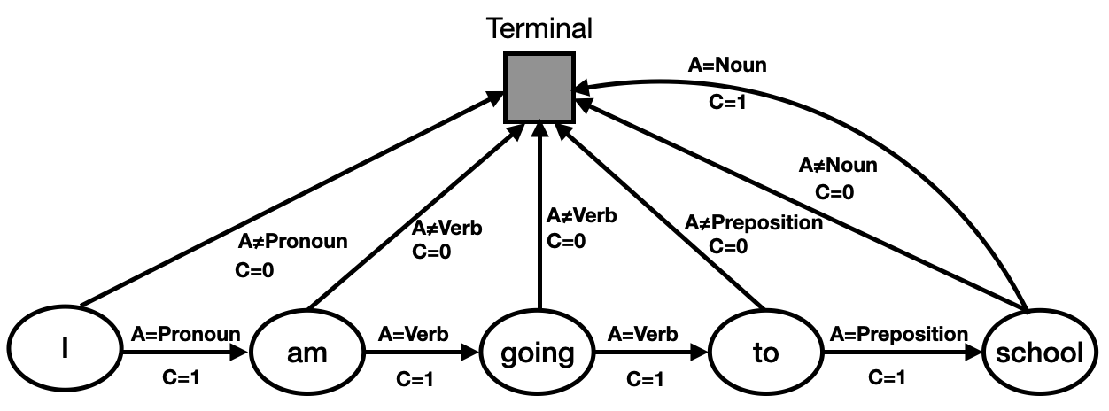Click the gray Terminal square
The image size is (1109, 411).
click(x=538, y=86)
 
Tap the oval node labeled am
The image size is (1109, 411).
click(x=307, y=353)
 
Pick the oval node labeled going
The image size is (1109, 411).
click(x=537, y=353)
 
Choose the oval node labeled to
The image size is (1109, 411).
click(x=764, y=353)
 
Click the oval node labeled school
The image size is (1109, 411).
click(x=1039, y=353)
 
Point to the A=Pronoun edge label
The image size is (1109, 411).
click(x=185, y=334)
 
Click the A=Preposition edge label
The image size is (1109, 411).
click(x=898, y=334)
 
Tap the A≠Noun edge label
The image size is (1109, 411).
click(x=838, y=165)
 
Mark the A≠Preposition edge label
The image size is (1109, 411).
click(x=753, y=223)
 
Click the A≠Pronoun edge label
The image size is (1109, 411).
click(x=293, y=241)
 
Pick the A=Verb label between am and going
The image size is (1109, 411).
click(x=414, y=334)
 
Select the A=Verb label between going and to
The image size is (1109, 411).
click(x=642, y=334)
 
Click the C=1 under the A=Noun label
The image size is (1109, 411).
click(x=728, y=101)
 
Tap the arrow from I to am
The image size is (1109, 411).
click(x=182, y=353)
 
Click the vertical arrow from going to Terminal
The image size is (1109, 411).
click(x=537, y=221)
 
